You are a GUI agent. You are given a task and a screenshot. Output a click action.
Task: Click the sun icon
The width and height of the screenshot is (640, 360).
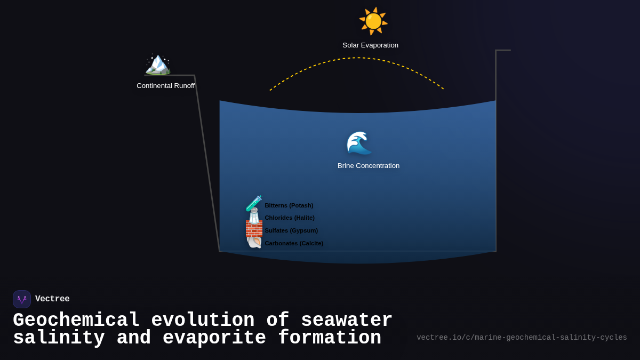pyautogui.click(x=373, y=21)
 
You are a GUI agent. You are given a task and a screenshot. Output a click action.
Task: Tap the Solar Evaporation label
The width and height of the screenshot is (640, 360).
pyautogui.click(x=370, y=45)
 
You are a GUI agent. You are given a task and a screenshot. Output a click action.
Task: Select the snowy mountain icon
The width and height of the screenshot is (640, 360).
pyautogui.click(x=158, y=64)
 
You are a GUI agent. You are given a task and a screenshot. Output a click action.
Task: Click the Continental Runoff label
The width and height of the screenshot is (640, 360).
pyautogui.click(x=165, y=86)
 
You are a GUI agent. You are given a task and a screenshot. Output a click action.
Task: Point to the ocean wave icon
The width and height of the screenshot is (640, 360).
pyautogui.click(x=358, y=143)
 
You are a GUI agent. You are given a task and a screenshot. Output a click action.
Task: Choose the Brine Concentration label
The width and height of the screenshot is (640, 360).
pyautogui.click(x=368, y=166)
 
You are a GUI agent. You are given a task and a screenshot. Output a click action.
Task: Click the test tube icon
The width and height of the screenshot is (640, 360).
pyautogui.click(x=254, y=203)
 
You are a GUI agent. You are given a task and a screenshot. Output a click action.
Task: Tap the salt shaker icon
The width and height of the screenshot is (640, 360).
pyautogui.click(x=254, y=216)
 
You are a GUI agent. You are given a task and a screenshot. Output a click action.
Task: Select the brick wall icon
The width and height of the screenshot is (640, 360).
pyautogui.click(x=254, y=229)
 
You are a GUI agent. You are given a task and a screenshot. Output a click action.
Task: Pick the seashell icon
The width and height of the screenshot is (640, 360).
pyautogui.click(x=254, y=242)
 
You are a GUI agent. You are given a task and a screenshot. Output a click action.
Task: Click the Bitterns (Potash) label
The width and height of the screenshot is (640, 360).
pyautogui.click(x=289, y=205)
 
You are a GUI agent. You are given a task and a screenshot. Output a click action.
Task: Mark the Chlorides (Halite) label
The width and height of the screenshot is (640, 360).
pyautogui.click(x=290, y=218)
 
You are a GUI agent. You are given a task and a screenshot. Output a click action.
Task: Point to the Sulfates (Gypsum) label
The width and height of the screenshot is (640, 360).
pyautogui.click(x=291, y=230)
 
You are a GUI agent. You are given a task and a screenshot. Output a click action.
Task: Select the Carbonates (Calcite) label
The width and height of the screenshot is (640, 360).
pyautogui.click(x=294, y=243)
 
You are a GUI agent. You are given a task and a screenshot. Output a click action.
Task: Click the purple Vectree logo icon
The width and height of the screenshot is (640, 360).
pyautogui.click(x=22, y=299)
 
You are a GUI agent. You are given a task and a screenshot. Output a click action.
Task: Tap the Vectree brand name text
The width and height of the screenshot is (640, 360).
pyautogui.click(x=52, y=299)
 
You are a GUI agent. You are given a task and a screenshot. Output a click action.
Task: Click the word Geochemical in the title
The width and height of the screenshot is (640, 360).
pyautogui.click(x=76, y=321)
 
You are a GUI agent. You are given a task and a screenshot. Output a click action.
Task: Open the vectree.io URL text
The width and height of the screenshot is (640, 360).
pyautogui.click(x=521, y=338)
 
